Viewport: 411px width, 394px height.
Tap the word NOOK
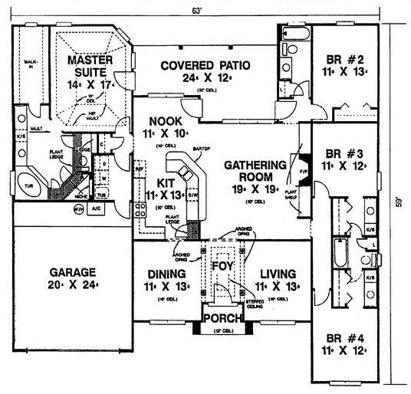[162, 121]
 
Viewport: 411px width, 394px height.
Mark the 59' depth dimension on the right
[398, 204]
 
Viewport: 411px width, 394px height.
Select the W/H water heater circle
[78, 208]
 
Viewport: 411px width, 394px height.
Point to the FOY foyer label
[222, 264]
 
